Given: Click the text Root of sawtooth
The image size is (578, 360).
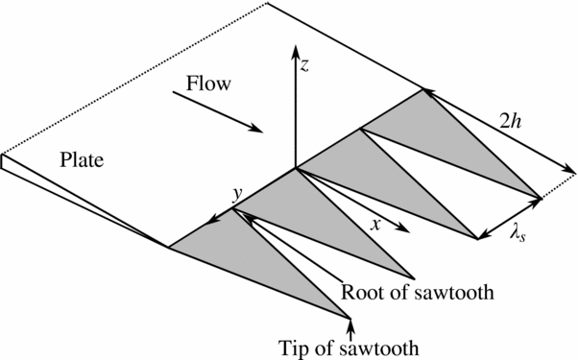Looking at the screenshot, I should pyautogui.click(x=418, y=290).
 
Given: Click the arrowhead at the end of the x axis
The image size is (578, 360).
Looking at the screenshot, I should pyautogui.click(x=403, y=231).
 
